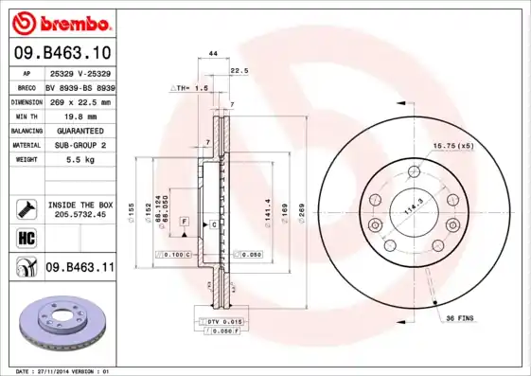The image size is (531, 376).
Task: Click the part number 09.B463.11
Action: pos(80,268)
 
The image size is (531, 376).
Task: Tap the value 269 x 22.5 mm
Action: pos(80,101)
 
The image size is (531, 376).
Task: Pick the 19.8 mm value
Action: pos(80,116)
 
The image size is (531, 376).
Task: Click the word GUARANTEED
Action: pos(80,130)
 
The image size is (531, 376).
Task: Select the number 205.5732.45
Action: pos(80,215)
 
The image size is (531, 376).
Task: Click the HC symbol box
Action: pos(26,238)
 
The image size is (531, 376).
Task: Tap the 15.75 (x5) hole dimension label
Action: pos(452,145)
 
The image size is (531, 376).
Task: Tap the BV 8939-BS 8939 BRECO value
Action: pos(80,87)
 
